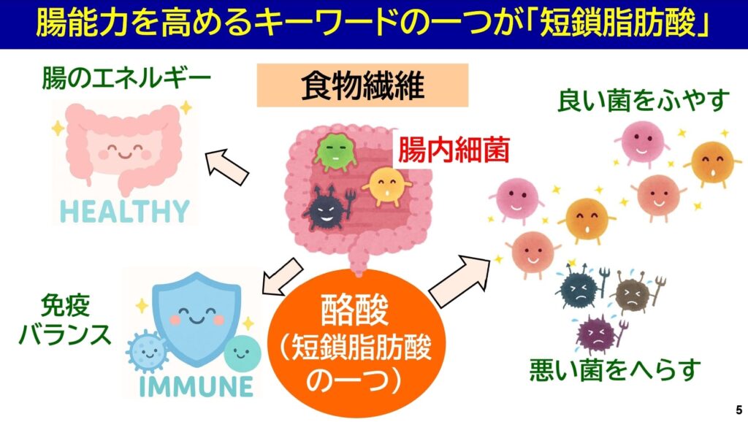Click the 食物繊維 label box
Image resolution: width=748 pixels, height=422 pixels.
pyautogui.click(x=362, y=85)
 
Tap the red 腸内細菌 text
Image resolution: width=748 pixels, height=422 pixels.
pyautogui.click(x=454, y=149)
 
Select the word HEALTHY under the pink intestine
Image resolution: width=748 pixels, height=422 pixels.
pyautogui.click(x=125, y=212)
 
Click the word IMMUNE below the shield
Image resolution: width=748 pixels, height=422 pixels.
pyautogui.click(x=196, y=386)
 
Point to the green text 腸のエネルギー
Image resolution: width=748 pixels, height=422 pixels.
pyautogui.click(x=126, y=78)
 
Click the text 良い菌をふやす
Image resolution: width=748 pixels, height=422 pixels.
pyautogui.click(x=644, y=101)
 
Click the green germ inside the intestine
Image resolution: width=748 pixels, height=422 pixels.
pyautogui.click(x=335, y=152)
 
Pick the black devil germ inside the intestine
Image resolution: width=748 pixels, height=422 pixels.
pyautogui.click(x=328, y=210)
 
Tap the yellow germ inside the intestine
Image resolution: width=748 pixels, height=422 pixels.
pyautogui.click(x=386, y=186)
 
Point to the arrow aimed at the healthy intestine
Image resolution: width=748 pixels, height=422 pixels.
pyautogui.click(x=226, y=167)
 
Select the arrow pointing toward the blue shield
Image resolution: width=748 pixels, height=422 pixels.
pyautogui.click(x=282, y=277)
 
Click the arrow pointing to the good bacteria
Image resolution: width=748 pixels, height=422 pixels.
pyautogui.click(x=459, y=281)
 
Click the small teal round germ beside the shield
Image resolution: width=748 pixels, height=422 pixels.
pyautogui.click(x=243, y=353)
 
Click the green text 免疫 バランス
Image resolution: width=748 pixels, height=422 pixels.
pyautogui.click(x=65, y=320)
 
